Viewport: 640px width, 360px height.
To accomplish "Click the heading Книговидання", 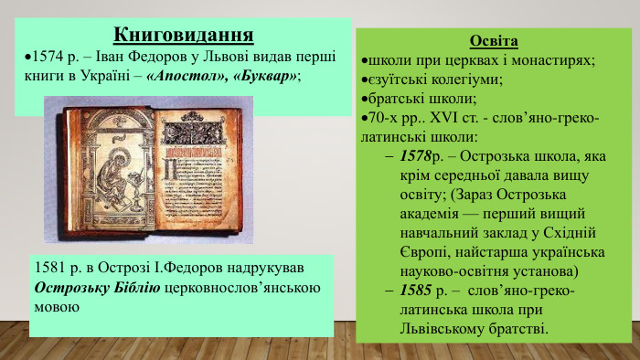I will point(183,36).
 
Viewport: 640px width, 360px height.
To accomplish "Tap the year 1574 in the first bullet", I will point(48,57).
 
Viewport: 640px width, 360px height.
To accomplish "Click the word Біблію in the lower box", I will point(138,289).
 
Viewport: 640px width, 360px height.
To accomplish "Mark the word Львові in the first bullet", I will point(178,57).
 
